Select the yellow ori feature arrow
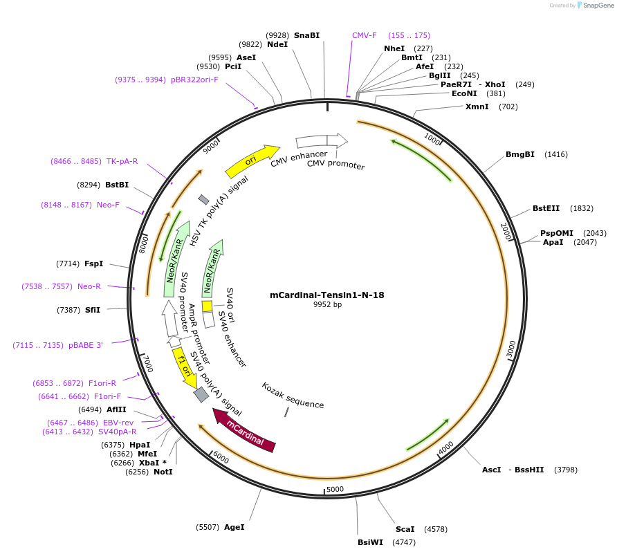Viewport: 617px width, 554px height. (252, 160)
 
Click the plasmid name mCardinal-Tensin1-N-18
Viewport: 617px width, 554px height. (326, 295)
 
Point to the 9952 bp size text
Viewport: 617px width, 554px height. (327, 305)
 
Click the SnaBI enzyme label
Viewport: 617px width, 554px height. (306, 35)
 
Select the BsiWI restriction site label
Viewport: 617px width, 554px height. (370, 542)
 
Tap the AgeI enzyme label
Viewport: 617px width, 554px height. (234, 527)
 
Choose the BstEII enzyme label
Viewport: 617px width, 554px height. (546, 208)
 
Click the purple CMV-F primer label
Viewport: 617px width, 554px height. (365, 35)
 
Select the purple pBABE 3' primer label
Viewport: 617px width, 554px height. (86, 344)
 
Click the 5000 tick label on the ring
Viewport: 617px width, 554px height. (335, 489)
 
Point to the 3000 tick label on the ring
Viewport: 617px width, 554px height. (510, 349)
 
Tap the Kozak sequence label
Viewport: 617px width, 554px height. (293, 395)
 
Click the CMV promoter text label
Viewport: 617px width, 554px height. (335, 165)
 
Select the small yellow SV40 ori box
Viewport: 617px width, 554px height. (207, 306)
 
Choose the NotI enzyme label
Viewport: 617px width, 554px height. (163, 472)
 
